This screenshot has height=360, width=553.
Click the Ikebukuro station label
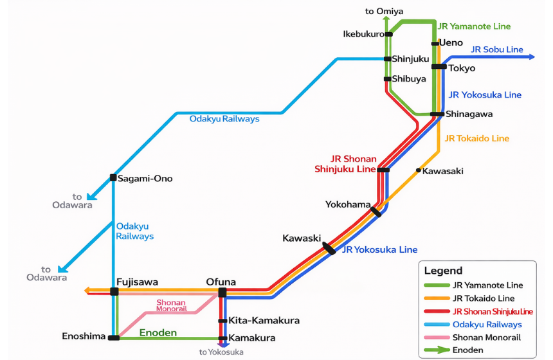[x=363, y=34]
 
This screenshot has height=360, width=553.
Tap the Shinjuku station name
[x=410, y=59]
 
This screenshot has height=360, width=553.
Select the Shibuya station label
[x=409, y=79]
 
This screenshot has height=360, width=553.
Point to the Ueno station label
[x=451, y=43]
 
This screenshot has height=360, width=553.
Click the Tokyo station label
[x=462, y=68]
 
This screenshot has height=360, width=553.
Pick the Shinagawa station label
[x=469, y=114]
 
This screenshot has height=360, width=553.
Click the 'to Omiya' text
[x=384, y=11]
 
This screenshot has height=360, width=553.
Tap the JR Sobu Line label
[x=496, y=50]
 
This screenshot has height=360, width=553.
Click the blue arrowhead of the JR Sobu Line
[x=530, y=57]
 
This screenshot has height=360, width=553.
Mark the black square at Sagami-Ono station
[x=113, y=178]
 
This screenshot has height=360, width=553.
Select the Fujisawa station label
[x=137, y=282]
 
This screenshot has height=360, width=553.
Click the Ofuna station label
[x=221, y=282]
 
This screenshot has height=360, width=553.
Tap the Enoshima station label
[x=84, y=336]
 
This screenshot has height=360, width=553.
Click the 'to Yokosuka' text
[x=221, y=352]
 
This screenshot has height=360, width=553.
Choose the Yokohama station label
[x=348, y=205]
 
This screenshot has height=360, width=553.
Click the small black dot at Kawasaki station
[x=419, y=170]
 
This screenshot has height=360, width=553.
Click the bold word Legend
[x=443, y=271]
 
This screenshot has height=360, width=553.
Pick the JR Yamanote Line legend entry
[x=487, y=285]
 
